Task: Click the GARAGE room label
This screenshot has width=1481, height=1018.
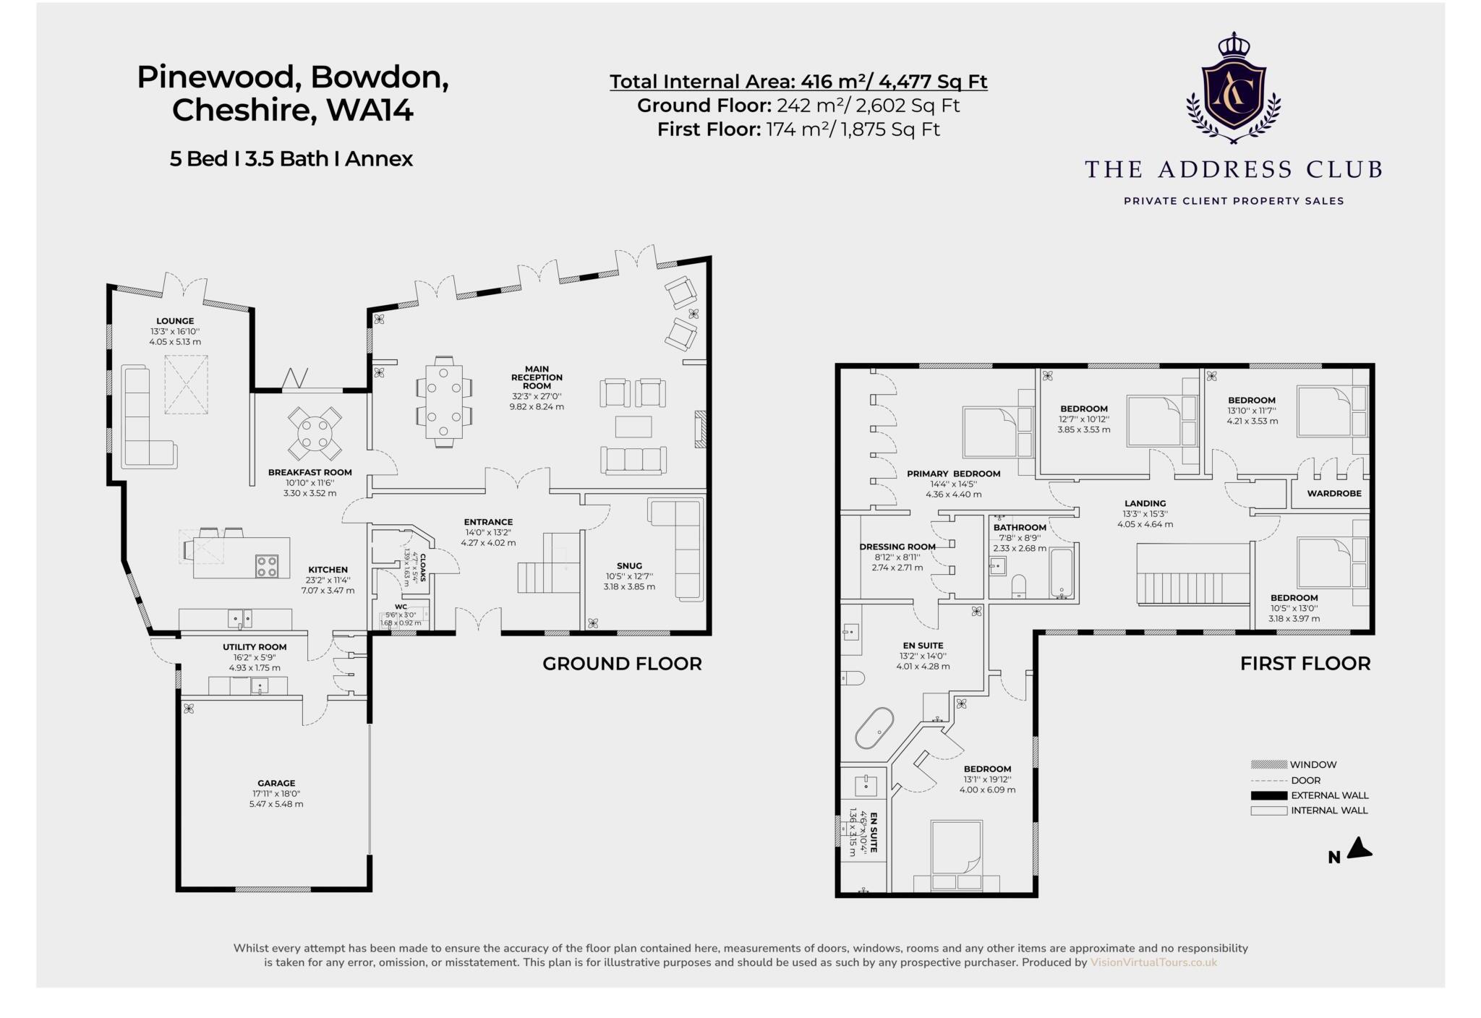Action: pos(276,783)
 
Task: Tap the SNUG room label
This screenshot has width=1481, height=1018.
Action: pos(629,566)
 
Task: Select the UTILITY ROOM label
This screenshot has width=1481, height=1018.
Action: pos(255,647)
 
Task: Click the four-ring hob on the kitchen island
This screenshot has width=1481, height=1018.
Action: pos(267,565)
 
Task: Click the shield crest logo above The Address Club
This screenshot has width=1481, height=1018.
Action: pos(1233,90)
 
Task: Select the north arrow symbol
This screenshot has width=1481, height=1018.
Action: pos(1360,848)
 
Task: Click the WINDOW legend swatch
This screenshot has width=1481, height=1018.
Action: pos(1268,764)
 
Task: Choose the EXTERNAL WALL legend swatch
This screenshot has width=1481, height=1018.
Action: pos(1268,795)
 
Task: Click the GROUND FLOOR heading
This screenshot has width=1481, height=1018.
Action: pos(622,664)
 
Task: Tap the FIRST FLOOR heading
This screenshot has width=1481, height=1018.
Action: pos(1305,664)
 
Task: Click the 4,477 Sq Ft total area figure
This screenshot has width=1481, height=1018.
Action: pos(933,82)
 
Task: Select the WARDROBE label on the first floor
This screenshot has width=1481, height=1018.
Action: pos(1334,494)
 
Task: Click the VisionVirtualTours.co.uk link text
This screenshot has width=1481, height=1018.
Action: pos(1153,962)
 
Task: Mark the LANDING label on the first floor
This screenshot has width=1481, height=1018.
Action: pos(1145,503)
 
